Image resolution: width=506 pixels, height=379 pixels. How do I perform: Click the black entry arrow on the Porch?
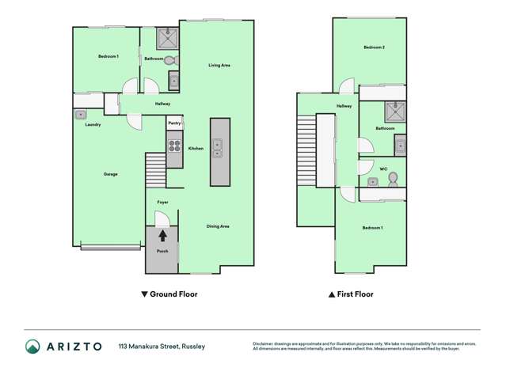click(x=162, y=235)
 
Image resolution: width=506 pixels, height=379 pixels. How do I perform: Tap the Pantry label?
click(x=174, y=123)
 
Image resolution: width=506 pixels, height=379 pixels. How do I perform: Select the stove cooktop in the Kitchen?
click(x=174, y=146)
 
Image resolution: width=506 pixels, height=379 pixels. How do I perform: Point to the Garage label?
click(x=111, y=174)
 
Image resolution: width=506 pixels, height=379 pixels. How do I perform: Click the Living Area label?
click(x=219, y=65)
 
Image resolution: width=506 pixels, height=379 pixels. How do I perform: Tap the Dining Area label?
click(x=219, y=227)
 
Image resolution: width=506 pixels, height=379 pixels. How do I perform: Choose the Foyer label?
click(x=162, y=203)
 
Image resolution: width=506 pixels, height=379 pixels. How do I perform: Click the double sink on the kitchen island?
click(x=219, y=150)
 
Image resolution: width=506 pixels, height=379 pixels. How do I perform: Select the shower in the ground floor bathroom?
click(x=167, y=37)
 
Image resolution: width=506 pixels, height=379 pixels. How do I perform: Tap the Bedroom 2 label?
click(x=374, y=47)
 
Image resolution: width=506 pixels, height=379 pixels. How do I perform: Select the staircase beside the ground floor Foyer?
click(x=155, y=170)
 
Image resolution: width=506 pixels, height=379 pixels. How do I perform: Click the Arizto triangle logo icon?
click(x=32, y=347)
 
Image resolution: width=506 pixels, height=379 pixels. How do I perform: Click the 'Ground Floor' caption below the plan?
click(x=169, y=294)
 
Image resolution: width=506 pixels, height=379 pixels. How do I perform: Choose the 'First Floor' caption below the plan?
click(x=351, y=294)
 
